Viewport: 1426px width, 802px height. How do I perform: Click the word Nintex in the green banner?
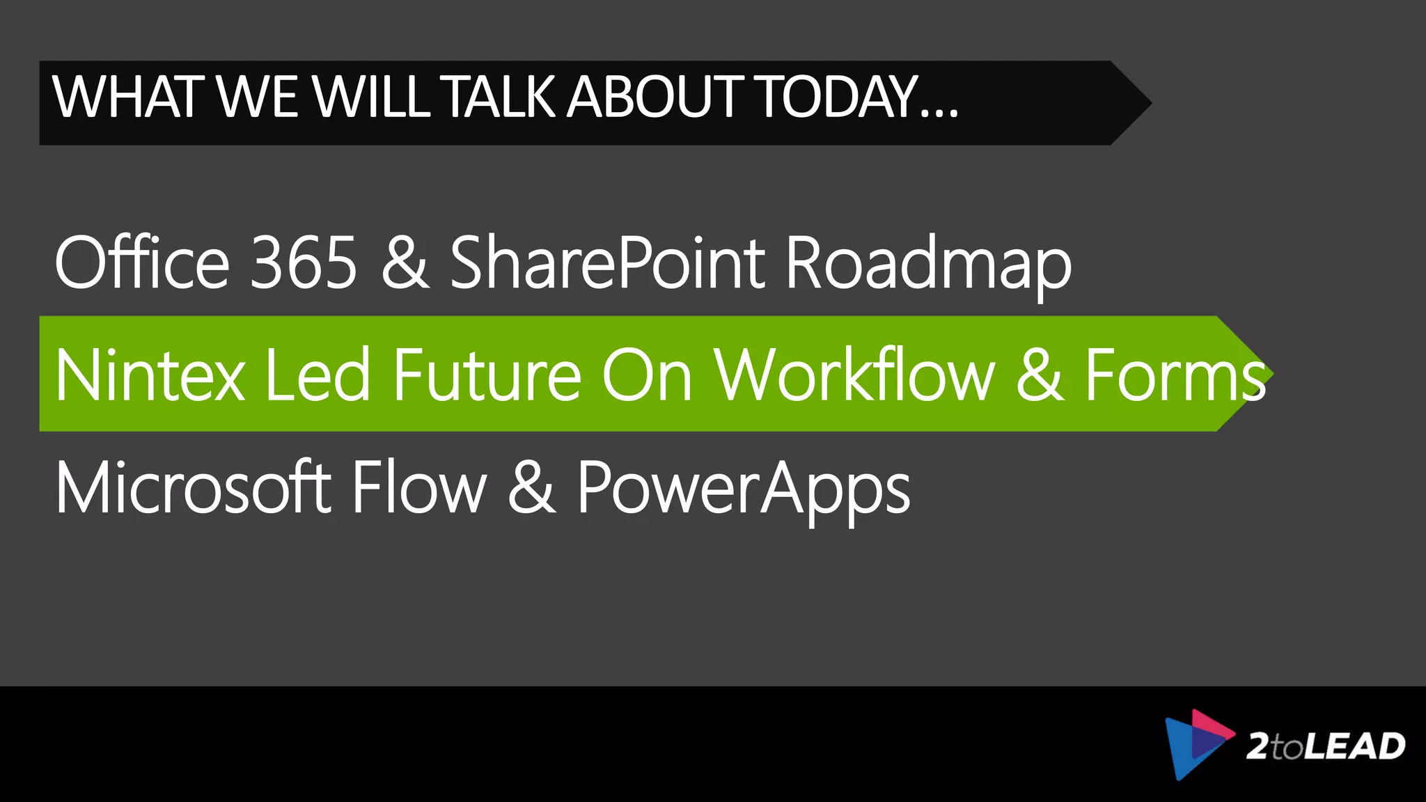click(150, 375)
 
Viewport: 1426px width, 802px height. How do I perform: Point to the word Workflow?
click(854, 375)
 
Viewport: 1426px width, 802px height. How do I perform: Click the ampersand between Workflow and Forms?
click(1040, 375)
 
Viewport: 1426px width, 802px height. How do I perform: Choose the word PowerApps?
click(743, 489)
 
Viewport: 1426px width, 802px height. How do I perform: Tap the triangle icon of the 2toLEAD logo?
click(1196, 744)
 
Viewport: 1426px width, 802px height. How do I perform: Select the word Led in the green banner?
click(318, 375)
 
